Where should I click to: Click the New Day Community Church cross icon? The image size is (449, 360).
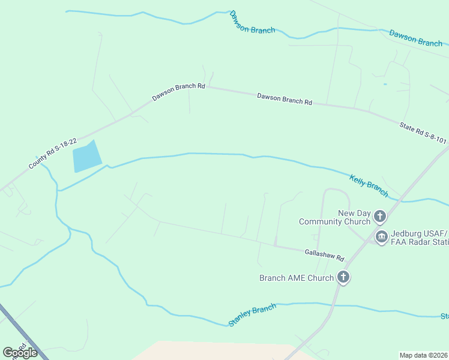coord(379,216)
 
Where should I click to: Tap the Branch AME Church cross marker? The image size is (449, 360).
coord(343,277)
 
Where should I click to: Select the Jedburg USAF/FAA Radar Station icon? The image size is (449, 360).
coord(381,237)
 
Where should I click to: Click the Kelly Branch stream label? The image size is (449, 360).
coord(369,184)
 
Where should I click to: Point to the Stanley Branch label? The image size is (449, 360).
coord(252,315)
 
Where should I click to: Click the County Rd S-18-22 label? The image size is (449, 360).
coord(53,154)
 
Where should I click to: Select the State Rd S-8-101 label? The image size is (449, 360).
coord(423,133)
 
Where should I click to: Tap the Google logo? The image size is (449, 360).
coord(20,352)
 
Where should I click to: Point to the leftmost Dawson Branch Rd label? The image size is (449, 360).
coord(178,91)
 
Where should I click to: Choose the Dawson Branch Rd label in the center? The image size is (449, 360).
coord(285,98)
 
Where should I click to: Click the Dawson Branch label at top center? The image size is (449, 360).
coord(252,23)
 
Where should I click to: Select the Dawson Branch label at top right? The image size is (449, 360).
coord(415,38)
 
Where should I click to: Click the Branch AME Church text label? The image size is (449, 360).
coord(296,278)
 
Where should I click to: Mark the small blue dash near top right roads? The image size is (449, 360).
coord(385,84)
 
